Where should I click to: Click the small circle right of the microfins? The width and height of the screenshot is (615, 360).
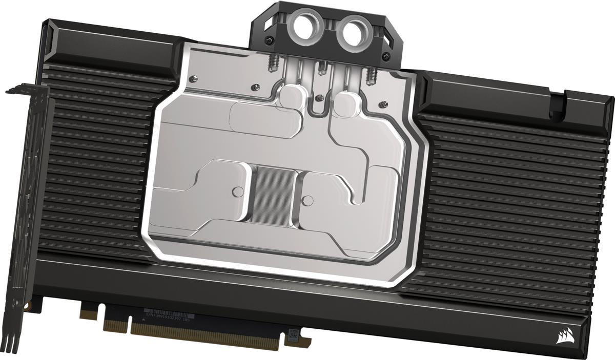point(307,198)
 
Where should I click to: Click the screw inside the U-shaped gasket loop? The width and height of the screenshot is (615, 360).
point(320,97)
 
